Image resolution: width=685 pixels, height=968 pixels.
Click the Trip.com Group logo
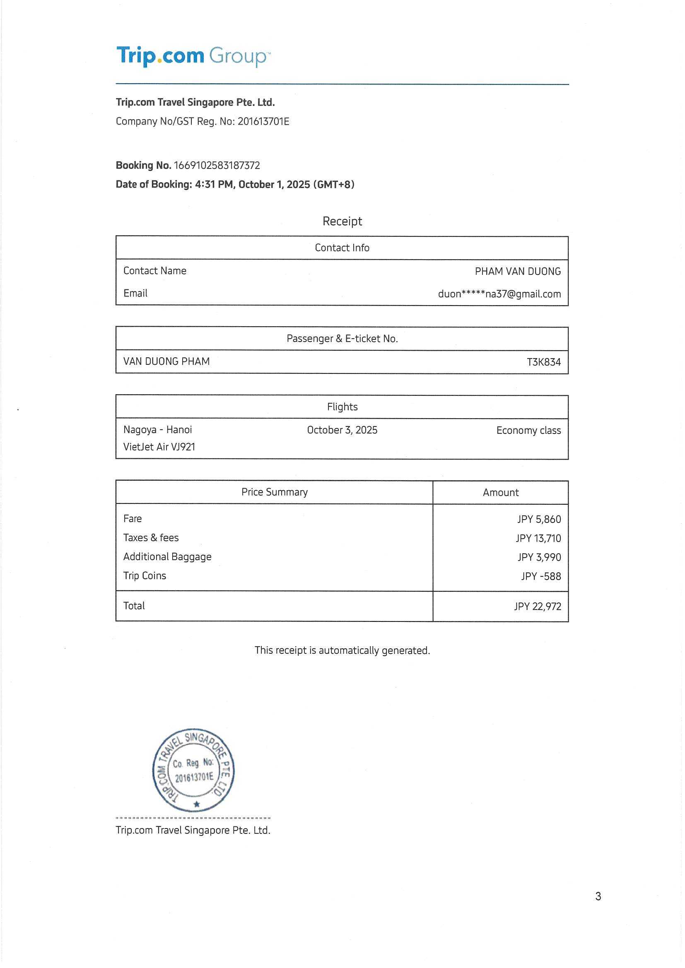pos(193,55)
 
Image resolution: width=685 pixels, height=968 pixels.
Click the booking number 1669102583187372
pos(217,165)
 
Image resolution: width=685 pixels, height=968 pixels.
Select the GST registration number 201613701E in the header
pos(263,121)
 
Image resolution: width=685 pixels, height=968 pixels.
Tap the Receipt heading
pos(342,221)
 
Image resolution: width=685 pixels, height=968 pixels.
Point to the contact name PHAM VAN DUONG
pos(518,271)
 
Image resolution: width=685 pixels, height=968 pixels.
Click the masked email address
pos(499,294)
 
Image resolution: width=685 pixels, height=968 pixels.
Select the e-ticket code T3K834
pos(544,362)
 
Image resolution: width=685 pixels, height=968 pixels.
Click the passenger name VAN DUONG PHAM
pos(166,361)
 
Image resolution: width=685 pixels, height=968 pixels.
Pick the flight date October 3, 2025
pos(342,430)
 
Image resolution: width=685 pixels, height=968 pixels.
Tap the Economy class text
pos(528,431)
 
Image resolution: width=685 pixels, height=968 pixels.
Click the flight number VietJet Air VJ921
pos(159,446)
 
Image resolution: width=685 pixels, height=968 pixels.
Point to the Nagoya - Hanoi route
pos(157,430)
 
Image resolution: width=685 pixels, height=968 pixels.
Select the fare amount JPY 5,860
pos(539,519)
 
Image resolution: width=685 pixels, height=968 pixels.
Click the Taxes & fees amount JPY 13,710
pos(538,538)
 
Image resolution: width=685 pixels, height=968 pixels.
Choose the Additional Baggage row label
pos(167,556)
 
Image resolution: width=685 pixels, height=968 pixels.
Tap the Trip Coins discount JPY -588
pos(541,576)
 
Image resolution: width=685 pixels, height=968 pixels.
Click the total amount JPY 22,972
pos(538,606)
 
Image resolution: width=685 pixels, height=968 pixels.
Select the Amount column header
pos(500,492)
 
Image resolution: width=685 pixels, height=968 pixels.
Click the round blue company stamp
pos(193,770)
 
